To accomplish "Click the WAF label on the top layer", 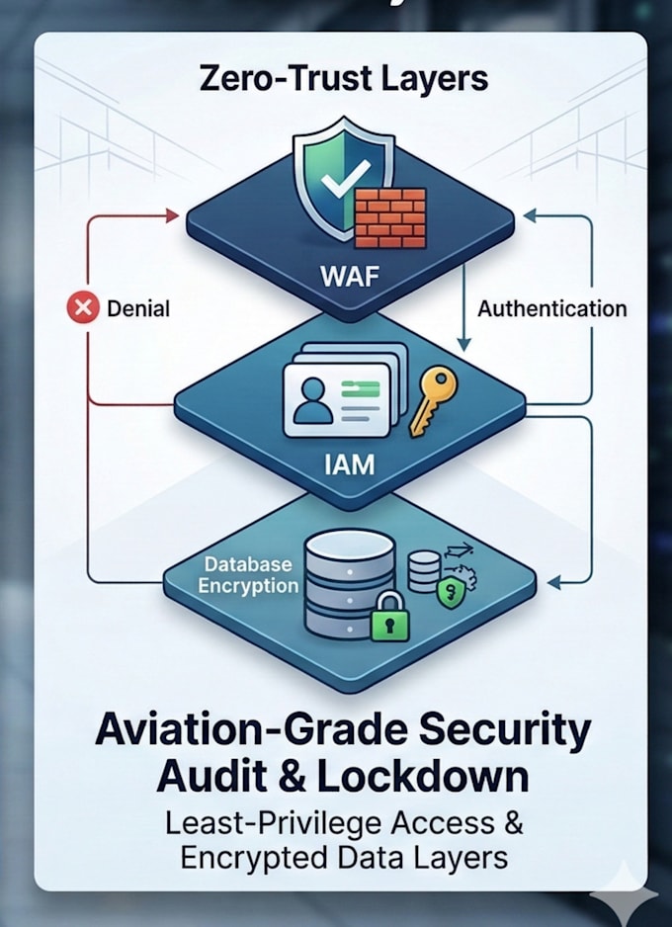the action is coord(349,276).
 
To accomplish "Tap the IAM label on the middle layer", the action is coord(349,465).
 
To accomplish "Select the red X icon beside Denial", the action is coord(83,308).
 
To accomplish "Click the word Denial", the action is coord(138,308).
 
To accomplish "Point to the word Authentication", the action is coord(552,308).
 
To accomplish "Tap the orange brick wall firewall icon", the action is coord(390,218).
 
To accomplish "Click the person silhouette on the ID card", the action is coord(312,401).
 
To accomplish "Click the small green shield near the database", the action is coord(451,593).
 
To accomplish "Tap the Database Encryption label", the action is coord(248,574).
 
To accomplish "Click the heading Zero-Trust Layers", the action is coord(344,79).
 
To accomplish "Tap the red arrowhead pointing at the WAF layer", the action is coord(173,215).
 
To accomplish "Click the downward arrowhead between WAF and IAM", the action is coord(463,345).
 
